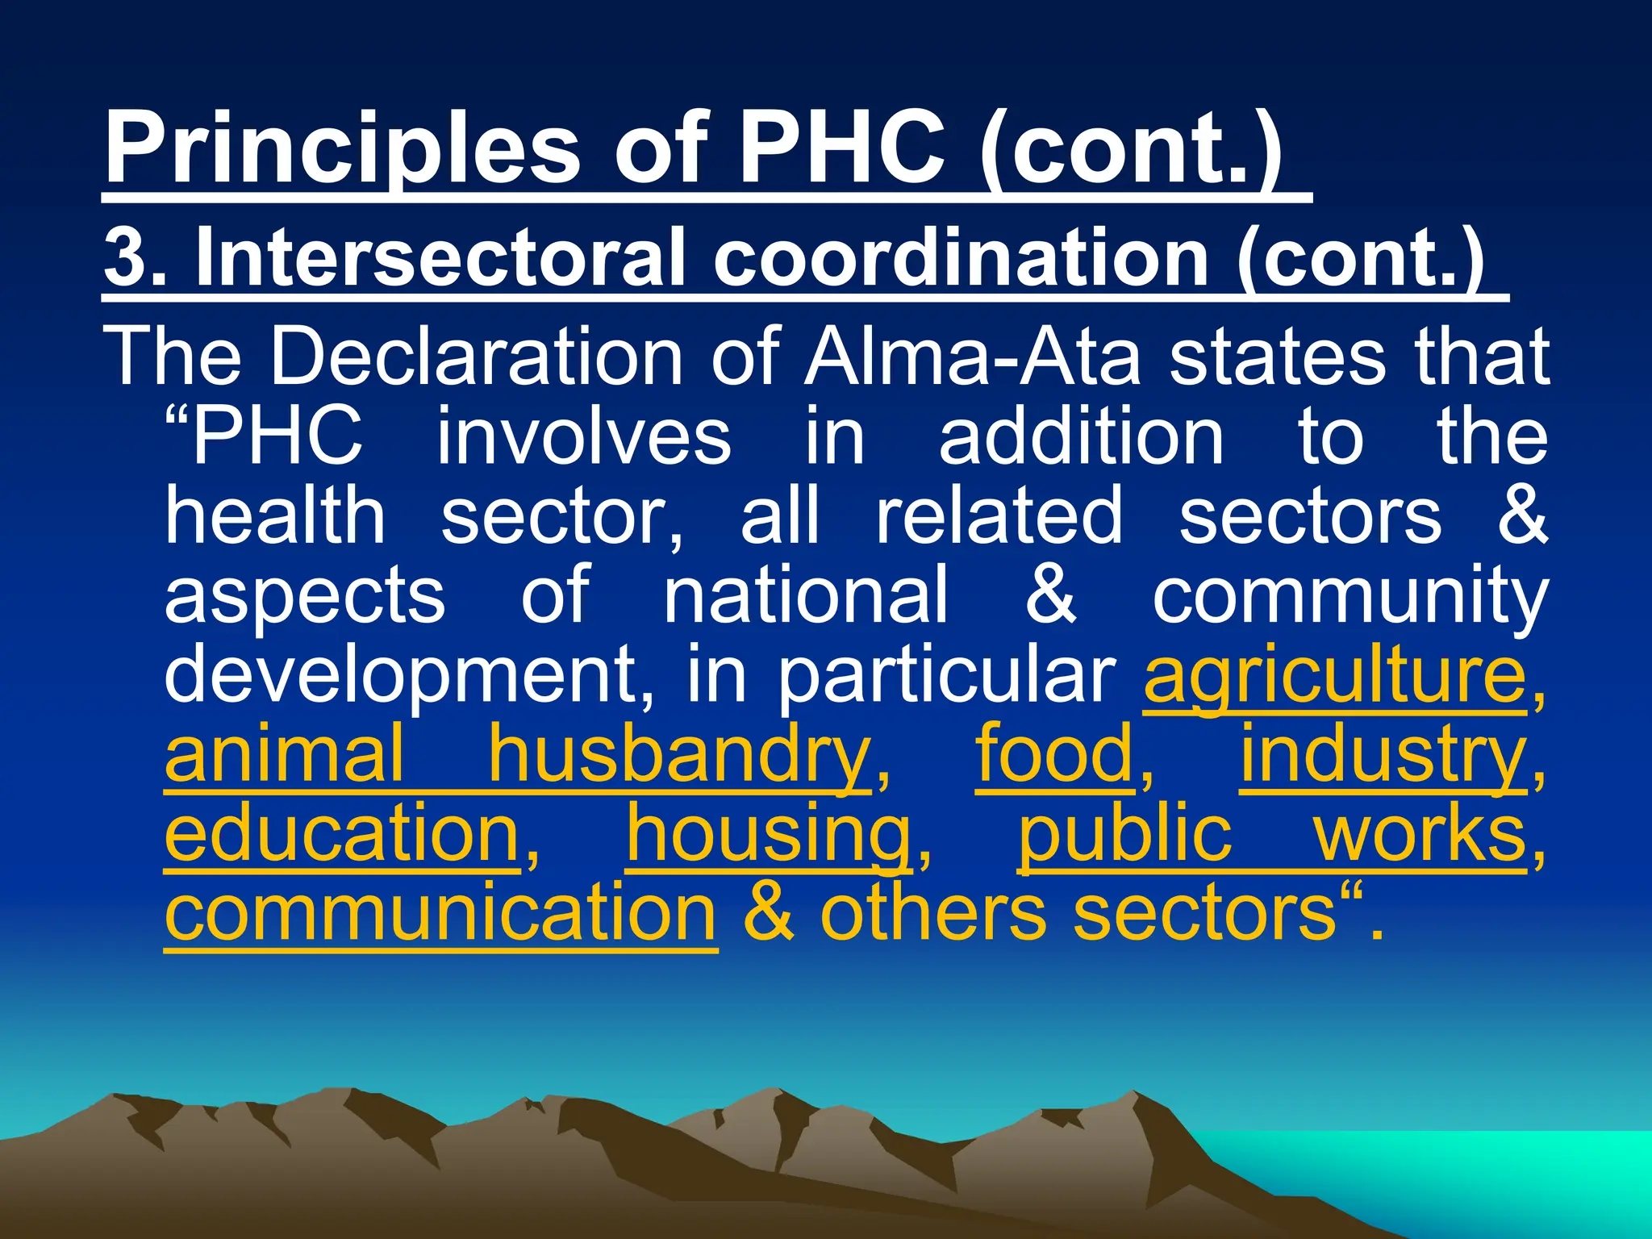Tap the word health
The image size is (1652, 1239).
click(x=275, y=515)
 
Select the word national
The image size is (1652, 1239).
click(x=806, y=594)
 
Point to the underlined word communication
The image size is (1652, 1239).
click(x=440, y=912)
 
